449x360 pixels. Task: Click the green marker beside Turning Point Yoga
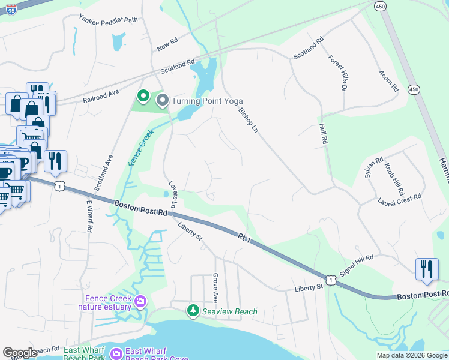143,96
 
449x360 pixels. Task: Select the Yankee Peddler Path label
108,19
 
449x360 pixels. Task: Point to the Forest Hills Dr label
338,73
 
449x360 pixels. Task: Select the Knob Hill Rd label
394,178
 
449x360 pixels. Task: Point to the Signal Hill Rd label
356,265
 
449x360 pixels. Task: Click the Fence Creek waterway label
137,148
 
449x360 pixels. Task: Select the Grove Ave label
215,287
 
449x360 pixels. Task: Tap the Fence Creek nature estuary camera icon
140,301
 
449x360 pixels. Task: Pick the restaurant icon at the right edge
426,268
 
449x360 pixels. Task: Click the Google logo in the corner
19,353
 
